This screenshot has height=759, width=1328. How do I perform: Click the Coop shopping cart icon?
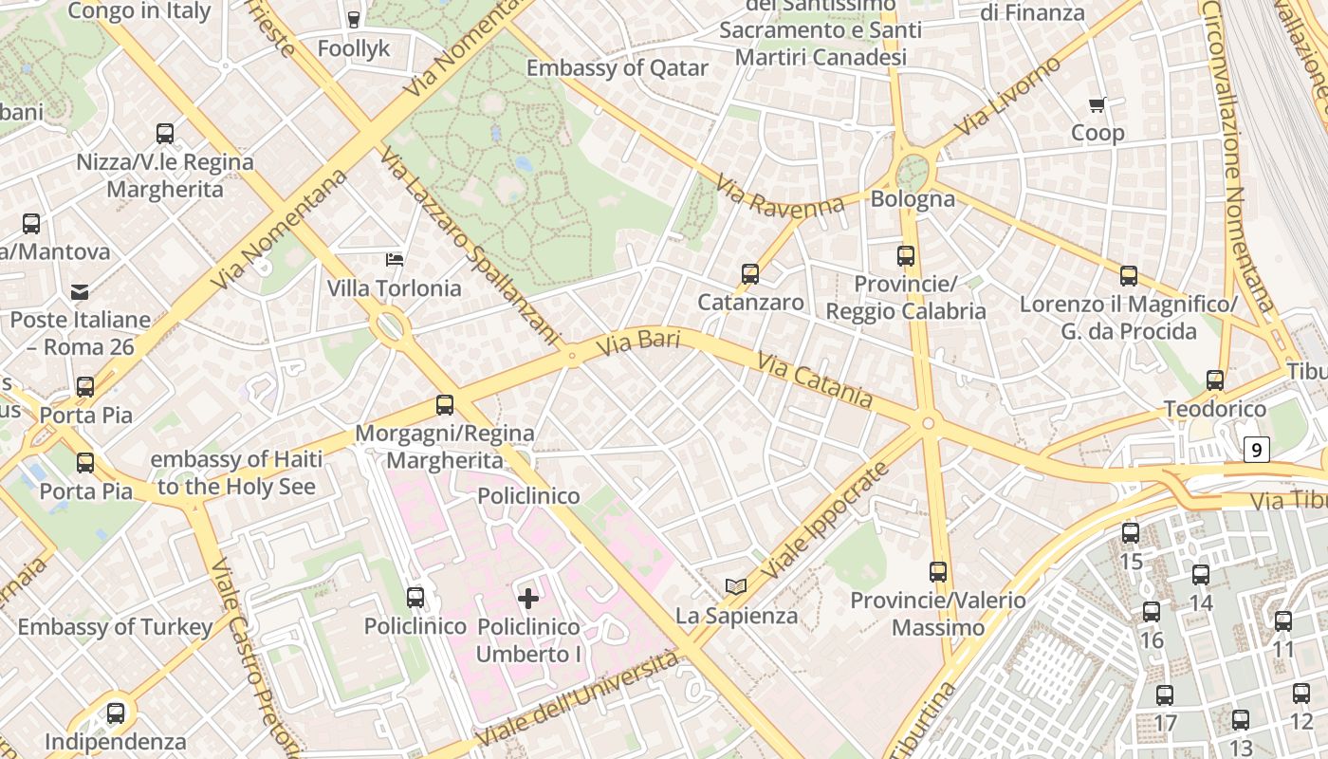pos(1097,104)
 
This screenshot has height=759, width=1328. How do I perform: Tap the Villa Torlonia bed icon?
pos(394,259)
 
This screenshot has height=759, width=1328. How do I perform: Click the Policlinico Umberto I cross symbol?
pos(528,598)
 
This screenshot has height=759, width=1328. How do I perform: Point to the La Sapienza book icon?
pos(736,586)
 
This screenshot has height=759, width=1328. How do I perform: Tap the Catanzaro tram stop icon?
pos(750,274)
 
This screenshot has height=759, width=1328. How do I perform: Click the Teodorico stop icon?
pos(1215,380)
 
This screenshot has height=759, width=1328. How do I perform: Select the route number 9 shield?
pos(1257,450)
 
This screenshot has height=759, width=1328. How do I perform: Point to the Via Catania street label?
pos(815,379)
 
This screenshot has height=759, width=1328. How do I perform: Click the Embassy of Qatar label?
pos(618,68)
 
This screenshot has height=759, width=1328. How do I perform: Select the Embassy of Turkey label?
pos(115,627)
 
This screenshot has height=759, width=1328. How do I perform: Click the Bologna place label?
pos(913,199)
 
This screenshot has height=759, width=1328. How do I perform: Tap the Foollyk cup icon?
pos(354,19)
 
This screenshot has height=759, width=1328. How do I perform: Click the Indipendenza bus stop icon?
pos(116,713)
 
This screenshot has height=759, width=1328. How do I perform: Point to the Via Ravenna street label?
pos(779,195)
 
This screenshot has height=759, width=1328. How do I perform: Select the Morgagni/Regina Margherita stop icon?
pos(445,405)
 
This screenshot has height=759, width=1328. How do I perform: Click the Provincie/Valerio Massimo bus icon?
pos(938,572)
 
